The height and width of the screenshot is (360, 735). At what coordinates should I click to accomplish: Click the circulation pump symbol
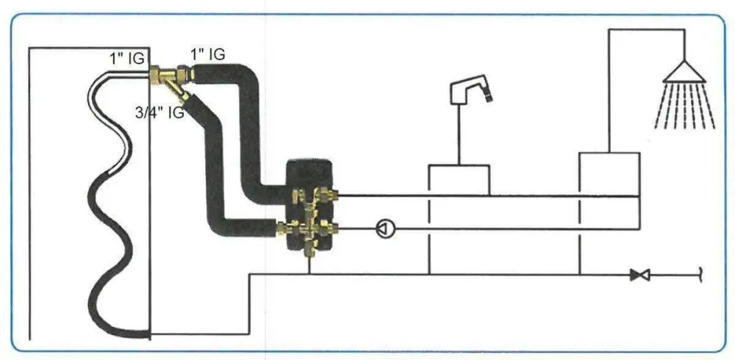(385, 228)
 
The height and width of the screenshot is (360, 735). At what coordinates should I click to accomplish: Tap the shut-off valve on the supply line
(639, 276)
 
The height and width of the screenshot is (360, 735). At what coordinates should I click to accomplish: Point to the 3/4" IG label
(159, 113)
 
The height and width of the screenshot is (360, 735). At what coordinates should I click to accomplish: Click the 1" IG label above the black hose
(207, 54)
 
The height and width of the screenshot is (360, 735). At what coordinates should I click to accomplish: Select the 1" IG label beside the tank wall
(128, 59)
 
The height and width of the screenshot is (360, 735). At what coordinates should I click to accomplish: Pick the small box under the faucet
(459, 180)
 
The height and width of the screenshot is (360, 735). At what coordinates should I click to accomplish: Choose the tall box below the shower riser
(609, 174)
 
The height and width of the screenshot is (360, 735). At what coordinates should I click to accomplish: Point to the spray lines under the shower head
(685, 106)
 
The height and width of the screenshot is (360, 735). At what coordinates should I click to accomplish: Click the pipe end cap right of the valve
(700, 276)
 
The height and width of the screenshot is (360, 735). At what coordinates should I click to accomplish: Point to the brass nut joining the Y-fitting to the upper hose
(185, 73)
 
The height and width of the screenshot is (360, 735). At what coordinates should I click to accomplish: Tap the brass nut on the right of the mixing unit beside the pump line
(332, 228)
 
